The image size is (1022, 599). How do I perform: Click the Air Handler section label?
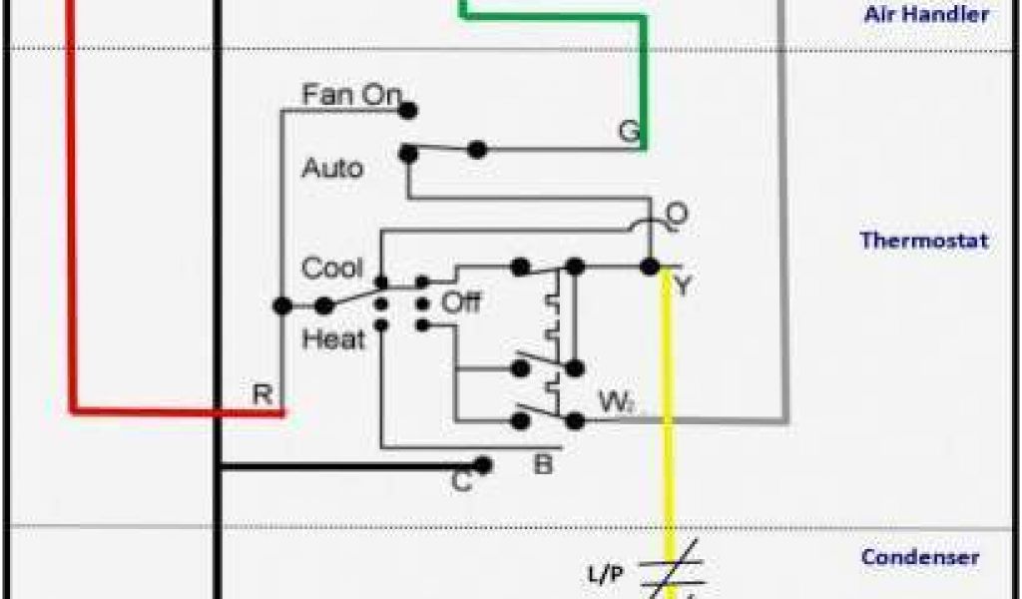[925, 14]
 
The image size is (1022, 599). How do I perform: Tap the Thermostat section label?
[923, 241]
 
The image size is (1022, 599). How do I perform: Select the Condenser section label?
[919, 557]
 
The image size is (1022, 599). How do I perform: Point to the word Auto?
[332, 167]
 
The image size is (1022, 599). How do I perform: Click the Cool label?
[332, 269]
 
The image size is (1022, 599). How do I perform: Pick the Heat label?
[333, 339]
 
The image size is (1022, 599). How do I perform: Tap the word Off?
[461, 301]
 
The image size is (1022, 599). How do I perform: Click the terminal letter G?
[629, 131]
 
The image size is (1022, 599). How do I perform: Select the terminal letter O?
[677, 214]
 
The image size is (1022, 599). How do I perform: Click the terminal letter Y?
[683, 287]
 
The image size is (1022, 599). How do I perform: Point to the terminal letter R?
[262, 393]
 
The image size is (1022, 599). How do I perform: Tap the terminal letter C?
[461, 481]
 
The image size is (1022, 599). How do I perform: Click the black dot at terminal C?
[484, 465]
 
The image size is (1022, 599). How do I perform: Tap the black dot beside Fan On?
[407, 110]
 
